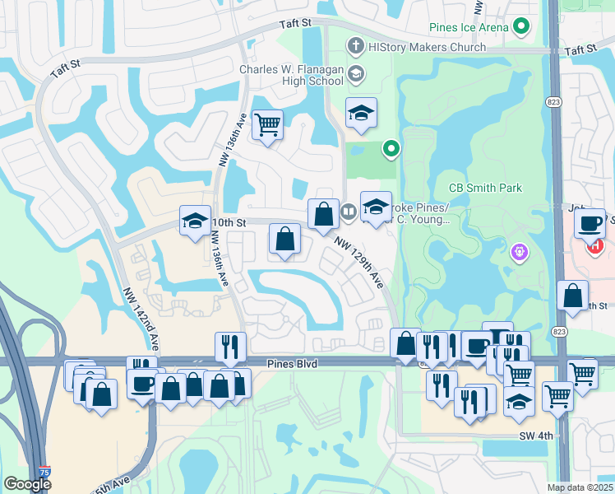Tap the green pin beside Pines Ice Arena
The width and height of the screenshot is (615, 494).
tap(521, 27)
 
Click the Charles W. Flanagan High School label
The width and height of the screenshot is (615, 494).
tap(292, 75)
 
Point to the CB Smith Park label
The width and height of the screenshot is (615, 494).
tap(484, 188)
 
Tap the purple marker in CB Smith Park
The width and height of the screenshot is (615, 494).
tap(518, 250)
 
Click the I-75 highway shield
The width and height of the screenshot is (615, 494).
tap(54, 471)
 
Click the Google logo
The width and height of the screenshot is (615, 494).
tap(27, 484)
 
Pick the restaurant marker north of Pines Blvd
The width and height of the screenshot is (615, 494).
tap(230, 346)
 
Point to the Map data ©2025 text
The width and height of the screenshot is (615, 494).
tap(580, 487)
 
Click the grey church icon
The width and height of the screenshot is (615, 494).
tap(355, 46)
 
